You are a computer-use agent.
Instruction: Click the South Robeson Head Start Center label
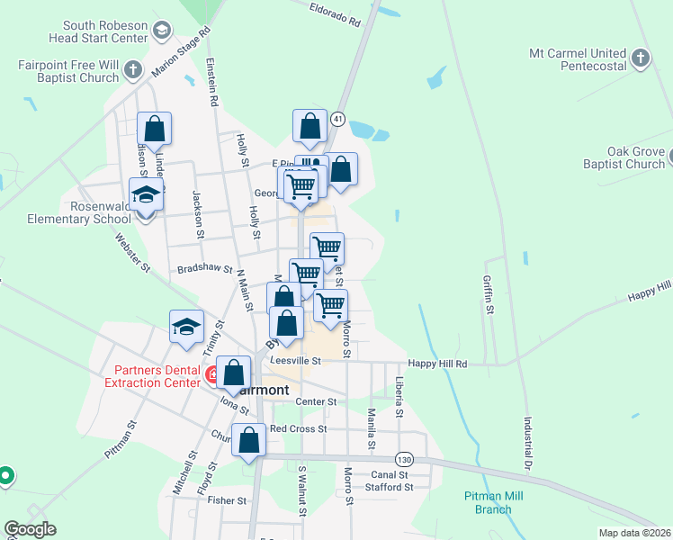97,31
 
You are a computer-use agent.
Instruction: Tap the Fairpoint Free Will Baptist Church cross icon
132,70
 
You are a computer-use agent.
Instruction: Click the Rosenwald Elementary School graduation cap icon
146,193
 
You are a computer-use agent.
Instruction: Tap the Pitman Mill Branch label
493,502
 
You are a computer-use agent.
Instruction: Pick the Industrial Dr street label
529,442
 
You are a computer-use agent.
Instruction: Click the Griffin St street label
489,294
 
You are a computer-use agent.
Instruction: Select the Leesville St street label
295,361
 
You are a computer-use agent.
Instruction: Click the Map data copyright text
635,533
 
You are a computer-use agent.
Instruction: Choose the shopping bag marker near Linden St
155,130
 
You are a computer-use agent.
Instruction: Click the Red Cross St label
298,428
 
